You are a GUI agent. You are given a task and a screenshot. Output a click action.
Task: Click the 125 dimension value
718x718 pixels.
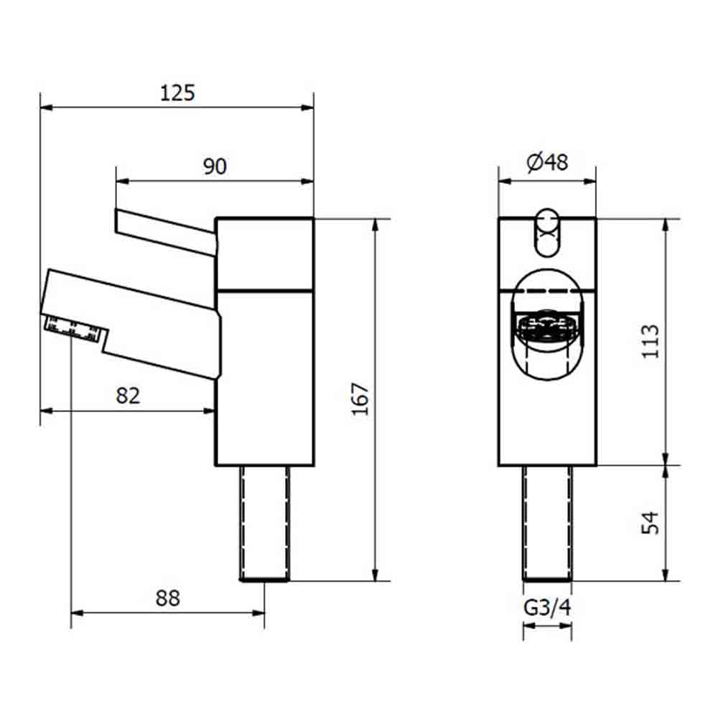[x=177, y=93]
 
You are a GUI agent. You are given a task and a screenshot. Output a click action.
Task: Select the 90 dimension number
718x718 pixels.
[x=214, y=167]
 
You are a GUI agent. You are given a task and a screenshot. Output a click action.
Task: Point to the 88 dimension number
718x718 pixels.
[x=167, y=597]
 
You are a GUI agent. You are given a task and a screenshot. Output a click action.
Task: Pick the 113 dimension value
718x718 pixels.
[x=650, y=342]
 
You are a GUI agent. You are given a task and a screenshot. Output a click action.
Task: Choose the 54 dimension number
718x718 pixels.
[x=650, y=523]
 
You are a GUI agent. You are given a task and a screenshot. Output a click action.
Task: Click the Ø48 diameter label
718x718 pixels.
[x=547, y=163]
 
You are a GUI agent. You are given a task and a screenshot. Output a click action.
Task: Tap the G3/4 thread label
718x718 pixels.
[x=547, y=609]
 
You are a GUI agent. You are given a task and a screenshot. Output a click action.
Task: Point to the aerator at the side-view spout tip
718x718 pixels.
[x=72, y=329]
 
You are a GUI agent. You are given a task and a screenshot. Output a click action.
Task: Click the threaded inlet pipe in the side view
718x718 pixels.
[x=264, y=523]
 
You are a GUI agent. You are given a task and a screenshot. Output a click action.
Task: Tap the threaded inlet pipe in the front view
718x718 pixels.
[x=547, y=523]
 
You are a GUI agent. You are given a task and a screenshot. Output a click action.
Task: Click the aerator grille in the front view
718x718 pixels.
[x=547, y=330]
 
